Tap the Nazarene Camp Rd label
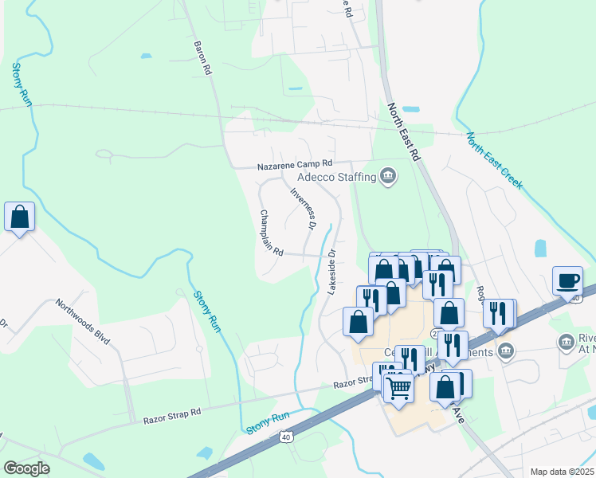(x=293, y=166)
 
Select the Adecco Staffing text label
(x=335, y=176)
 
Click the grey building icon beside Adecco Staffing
(x=388, y=175)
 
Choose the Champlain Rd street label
(x=271, y=233)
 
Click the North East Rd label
(x=403, y=132)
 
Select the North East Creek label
(x=495, y=160)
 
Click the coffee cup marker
(x=567, y=281)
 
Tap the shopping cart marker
(x=398, y=388)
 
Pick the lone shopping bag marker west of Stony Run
(x=19, y=217)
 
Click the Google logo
(x=27, y=468)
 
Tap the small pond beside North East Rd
(x=411, y=109)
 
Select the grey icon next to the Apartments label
(x=506, y=351)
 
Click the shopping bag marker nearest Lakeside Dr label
(x=358, y=322)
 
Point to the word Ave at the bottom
(x=458, y=415)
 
